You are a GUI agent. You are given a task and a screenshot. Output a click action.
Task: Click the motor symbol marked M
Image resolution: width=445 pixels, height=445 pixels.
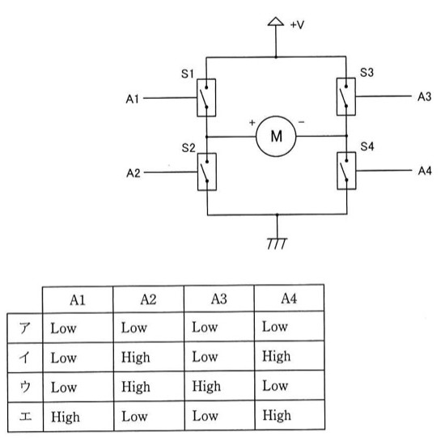pyautogui.click(x=276, y=136)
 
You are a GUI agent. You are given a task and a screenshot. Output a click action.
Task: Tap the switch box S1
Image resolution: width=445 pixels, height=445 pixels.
pyautogui.click(x=206, y=98)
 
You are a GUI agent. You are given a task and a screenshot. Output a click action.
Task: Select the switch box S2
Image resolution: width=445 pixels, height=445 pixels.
pyautogui.click(x=207, y=172)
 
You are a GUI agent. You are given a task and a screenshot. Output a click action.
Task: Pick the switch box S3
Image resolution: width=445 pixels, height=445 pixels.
pyautogui.click(x=346, y=96)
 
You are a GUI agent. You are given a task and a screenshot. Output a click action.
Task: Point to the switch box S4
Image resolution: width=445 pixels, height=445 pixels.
pyautogui.click(x=346, y=171)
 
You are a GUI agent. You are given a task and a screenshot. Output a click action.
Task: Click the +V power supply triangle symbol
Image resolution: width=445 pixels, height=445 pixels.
pyautogui.click(x=276, y=22)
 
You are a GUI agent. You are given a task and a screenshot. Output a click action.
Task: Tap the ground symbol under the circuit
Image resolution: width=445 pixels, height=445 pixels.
pyautogui.click(x=277, y=244)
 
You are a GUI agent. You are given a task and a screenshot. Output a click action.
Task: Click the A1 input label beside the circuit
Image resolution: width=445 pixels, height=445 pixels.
pyautogui.click(x=132, y=99)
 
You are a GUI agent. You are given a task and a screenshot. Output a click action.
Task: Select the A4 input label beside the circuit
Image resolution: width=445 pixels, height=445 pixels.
pyautogui.click(x=425, y=171)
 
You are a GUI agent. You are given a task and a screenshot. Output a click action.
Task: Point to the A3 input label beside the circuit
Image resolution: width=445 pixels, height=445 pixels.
pyautogui.click(x=424, y=97)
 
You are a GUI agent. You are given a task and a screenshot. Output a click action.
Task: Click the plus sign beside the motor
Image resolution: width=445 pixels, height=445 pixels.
pyautogui.click(x=252, y=123)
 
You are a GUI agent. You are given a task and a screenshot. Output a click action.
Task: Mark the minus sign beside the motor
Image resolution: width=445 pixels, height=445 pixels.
pyautogui.click(x=302, y=122)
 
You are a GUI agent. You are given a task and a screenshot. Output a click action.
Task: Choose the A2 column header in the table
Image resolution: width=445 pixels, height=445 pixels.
pyautogui.click(x=148, y=299)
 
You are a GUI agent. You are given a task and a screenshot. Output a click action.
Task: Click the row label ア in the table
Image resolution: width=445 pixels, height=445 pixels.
pyautogui.click(x=25, y=328)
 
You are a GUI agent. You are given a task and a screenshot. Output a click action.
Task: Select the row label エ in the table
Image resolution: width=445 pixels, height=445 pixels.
pyautogui.click(x=25, y=417)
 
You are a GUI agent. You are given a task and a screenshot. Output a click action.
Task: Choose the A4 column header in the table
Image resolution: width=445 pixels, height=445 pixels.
pyautogui.click(x=289, y=299)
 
